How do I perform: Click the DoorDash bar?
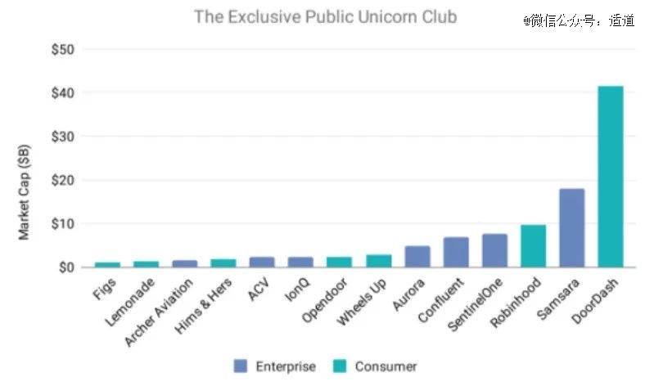tap(611, 177)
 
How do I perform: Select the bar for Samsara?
tap(572, 227)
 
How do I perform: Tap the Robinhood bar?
tap(533, 245)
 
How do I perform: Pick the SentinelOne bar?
tap(494, 250)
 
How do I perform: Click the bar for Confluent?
tap(456, 252)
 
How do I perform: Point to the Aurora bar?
tap(417, 256)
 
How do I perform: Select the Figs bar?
tap(107, 264)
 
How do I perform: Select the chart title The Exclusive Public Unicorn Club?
tap(325, 16)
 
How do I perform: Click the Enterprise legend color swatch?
tap(241, 366)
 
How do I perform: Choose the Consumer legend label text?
tap(386, 366)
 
